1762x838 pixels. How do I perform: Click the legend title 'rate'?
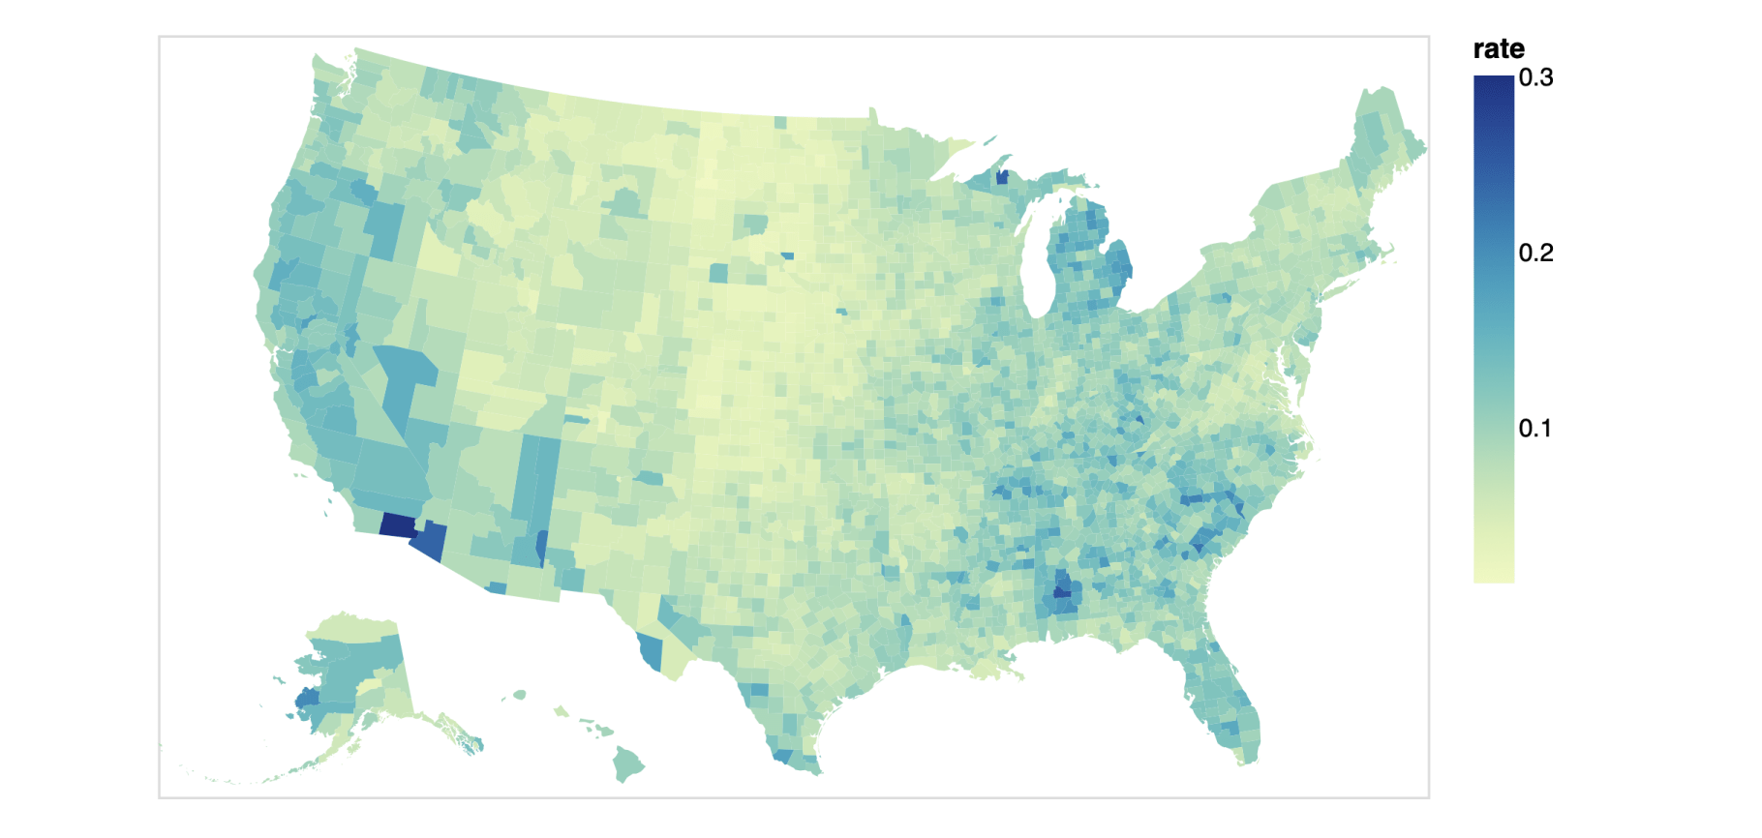(x=1498, y=49)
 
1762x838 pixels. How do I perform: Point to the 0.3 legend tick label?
(x=1535, y=78)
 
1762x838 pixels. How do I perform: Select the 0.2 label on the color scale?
(x=1535, y=254)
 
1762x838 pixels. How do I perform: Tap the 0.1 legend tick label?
(x=1535, y=429)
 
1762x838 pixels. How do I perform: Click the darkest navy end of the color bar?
(x=1494, y=83)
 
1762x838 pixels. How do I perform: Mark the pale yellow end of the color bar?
(x=1494, y=575)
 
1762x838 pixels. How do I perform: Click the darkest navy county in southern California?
(x=397, y=525)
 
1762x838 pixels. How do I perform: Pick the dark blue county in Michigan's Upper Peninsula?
(x=1002, y=177)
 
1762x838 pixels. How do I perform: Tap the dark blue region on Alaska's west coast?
(x=308, y=698)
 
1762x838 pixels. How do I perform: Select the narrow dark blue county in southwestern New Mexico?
(x=541, y=547)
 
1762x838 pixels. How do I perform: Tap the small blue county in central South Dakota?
(x=787, y=256)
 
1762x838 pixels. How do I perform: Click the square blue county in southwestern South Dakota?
(x=718, y=273)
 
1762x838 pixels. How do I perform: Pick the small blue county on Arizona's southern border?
(x=496, y=587)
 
